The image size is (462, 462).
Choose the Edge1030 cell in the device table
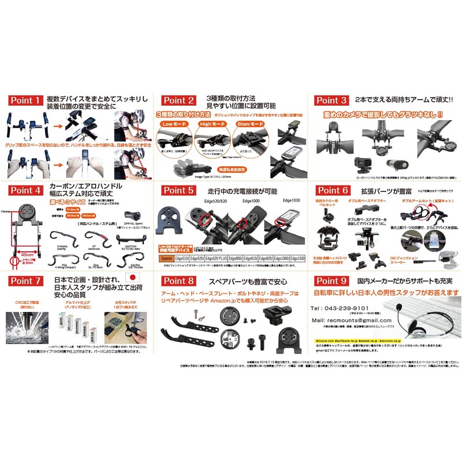click(x=297, y=258)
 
